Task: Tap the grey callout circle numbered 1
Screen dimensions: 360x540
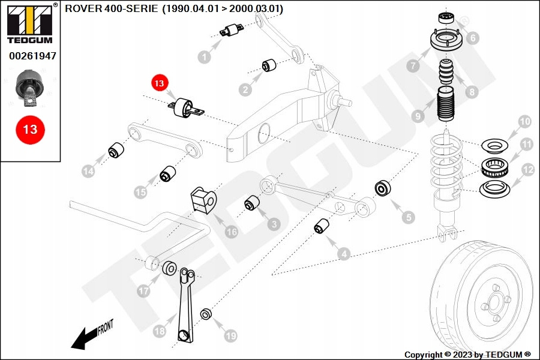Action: click(205, 58)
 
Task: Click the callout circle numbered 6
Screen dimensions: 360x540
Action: click(473, 38)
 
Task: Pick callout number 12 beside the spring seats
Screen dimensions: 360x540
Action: click(527, 170)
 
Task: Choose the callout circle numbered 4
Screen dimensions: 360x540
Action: click(344, 254)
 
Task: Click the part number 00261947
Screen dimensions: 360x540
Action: click(32, 56)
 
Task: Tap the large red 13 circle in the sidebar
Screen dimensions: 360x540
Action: click(30, 130)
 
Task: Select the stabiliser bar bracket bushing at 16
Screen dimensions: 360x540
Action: click(202, 200)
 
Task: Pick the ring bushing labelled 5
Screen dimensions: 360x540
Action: click(383, 189)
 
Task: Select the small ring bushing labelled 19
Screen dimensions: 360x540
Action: click(206, 314)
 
